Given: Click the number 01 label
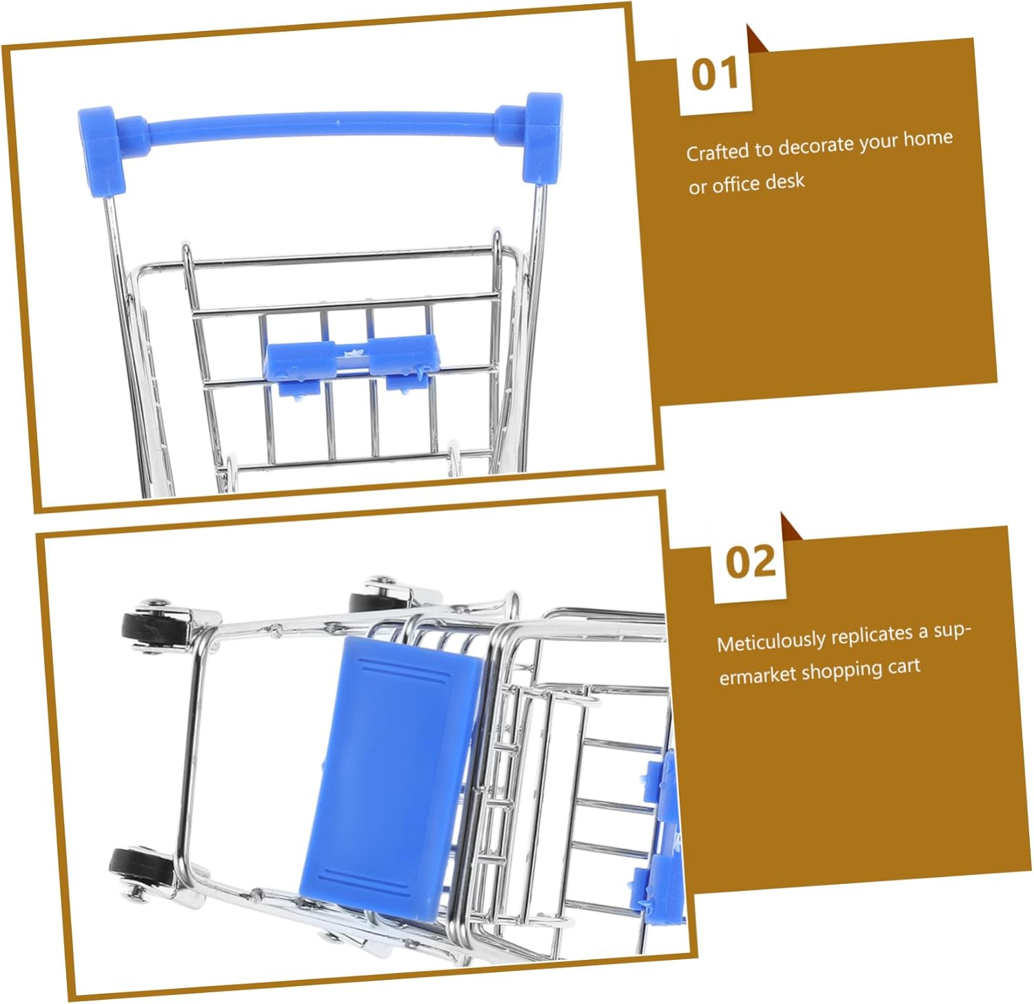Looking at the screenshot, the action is (x=715, y=74).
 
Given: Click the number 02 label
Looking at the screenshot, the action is (x=750, y=561).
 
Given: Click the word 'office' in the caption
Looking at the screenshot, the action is (x=736, y=184).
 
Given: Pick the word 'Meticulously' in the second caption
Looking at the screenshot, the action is (x=771, y=641).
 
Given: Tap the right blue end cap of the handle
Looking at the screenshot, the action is (x=542, y=138).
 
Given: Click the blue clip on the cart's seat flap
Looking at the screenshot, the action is (x=351, y=362).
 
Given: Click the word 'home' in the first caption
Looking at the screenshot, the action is (x=928, y=139).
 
